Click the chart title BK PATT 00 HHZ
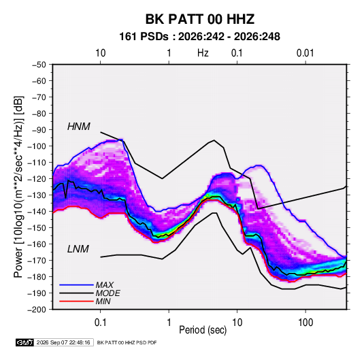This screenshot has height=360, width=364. (x=200, y=19)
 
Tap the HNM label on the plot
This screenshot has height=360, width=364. (x=79, y=127)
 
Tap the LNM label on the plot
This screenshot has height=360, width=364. (x=78, y=249)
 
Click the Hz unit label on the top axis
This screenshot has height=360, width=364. (x=203, y=53)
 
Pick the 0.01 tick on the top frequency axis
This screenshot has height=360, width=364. (x=305, y=53)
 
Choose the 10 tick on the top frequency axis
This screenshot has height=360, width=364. (x=101, y=53)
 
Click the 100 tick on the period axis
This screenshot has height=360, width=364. (x=305, y=323)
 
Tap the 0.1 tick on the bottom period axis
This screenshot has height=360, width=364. (x=100, y=323)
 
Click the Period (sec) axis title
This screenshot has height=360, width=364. (x=203, y=330)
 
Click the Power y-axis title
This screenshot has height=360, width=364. (x=18, y=187)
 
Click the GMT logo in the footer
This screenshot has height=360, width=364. (x=25, y=342)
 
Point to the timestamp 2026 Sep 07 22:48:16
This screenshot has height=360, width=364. (x=63, y=342)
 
